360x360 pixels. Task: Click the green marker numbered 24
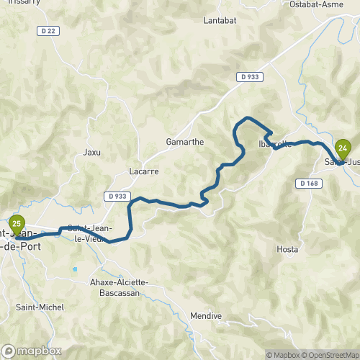coord(343,150)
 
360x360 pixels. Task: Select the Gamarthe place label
coord(185,142)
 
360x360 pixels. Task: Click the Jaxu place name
coord(92,152)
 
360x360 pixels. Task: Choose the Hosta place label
coord(287,249)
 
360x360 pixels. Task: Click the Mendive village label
coord(205,316)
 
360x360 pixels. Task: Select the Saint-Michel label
coord(40,307)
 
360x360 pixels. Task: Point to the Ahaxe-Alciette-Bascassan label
coord(120,287)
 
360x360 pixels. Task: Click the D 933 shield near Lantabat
coord(249,76)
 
